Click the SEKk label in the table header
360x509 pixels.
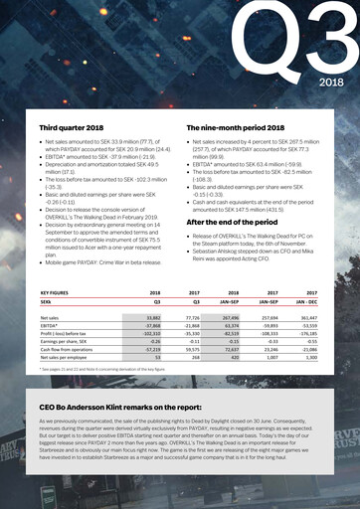point(47,301)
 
